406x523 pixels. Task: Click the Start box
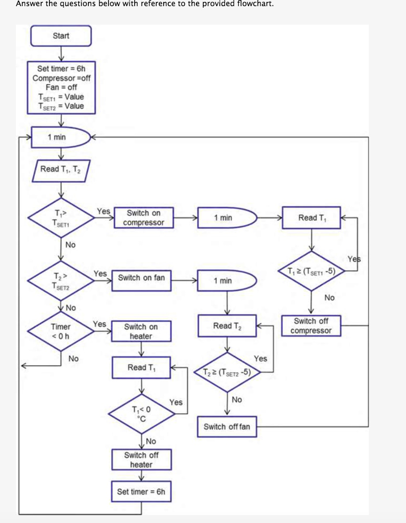pos(61,36)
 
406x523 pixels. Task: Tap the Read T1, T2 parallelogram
pos(61,170)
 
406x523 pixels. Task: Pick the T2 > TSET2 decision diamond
pos(61,281)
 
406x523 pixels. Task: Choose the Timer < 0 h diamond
pos(61,331)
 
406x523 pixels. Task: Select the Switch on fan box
pos(141,278)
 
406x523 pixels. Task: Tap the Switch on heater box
pos(141,331)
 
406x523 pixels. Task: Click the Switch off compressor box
pos(311,326)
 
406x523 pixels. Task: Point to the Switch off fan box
pos(227,427)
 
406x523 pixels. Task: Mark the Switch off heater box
pos(141,460)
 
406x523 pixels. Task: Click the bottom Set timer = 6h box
pos(141,492)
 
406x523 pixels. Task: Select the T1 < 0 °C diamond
pos(141,412)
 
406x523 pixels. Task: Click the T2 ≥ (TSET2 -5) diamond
pos(227,372)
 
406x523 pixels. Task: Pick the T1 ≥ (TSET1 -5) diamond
pos(311,271)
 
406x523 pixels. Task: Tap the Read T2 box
pos(227,326)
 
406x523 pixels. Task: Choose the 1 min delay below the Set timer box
pos(60,137)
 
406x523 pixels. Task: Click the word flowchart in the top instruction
pos(251,4)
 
